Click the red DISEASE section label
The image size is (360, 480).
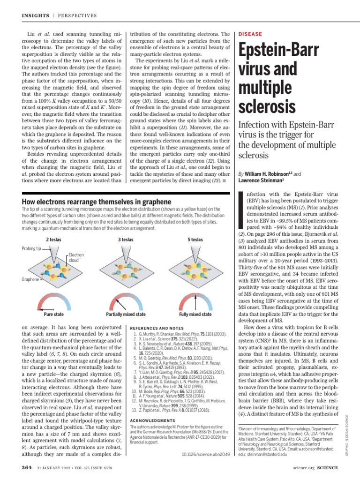point(250,34)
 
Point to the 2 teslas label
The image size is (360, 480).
point(54,240)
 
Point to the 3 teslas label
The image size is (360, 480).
point(126,240)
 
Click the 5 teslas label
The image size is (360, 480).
point(195,240)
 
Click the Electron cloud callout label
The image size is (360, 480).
point(76,258)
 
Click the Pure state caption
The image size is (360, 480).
point(53,315)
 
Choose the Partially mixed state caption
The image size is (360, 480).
point(126,315)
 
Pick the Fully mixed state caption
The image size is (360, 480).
point(195,315)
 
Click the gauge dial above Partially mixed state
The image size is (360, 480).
point(126,301)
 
